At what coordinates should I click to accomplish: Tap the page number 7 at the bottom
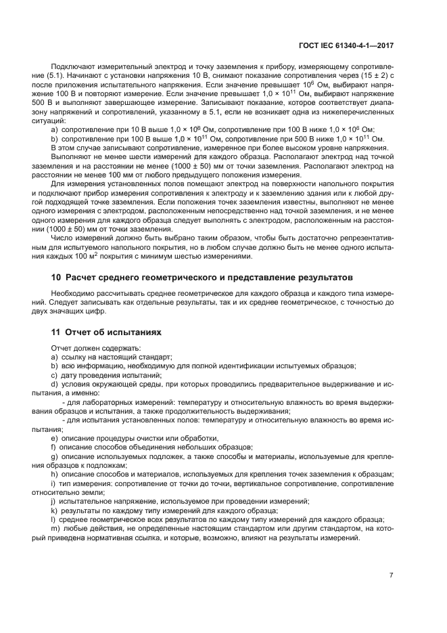391,575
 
